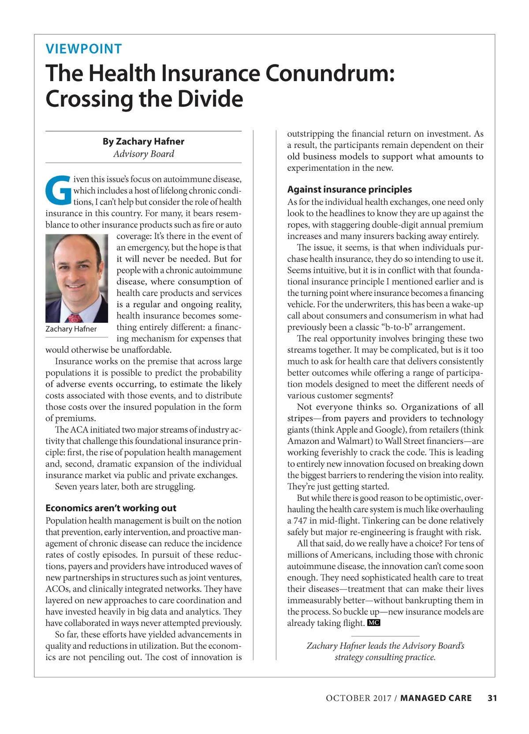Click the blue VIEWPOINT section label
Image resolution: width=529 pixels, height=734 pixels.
click(84, 49)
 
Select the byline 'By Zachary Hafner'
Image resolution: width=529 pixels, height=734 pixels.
click(143, 142)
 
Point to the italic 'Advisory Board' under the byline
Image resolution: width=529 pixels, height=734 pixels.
click(143, 154)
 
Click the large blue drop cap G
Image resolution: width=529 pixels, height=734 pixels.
click(58, 191)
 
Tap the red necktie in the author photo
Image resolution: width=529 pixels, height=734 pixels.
click(75, 318)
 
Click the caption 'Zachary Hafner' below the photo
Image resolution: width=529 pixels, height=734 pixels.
click(71, 329)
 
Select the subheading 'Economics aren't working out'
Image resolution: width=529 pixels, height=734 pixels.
click(111, 508)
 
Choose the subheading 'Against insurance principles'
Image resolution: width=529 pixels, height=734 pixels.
click(350, 190)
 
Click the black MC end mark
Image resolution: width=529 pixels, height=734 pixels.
click(373, 623)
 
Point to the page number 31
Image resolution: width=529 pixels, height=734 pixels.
click(492, 698)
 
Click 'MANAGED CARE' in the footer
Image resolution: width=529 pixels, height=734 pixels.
click(436, 698)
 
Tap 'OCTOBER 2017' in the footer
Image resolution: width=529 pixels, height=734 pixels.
click(358, 698)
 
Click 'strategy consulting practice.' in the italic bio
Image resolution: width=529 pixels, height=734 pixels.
click(385, 657)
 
